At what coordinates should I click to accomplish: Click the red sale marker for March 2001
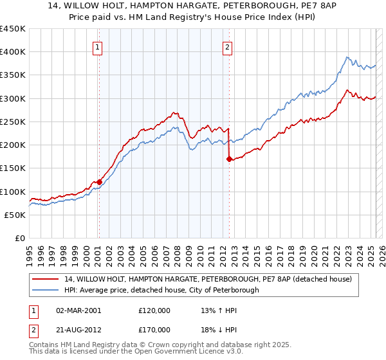point(99,182)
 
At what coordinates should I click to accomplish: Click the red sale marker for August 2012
point(229,159)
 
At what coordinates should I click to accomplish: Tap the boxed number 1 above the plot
point(97,46)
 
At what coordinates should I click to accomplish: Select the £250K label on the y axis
point(13,122)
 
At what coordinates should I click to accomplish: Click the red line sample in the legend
point(46,280)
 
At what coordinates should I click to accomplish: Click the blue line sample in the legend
point(46,290)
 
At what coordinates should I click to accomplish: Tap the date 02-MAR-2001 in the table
point(79,310)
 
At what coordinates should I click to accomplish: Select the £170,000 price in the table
point(154,330)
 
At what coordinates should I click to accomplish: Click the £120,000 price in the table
point(154,310)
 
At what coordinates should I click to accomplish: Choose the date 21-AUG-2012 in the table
point(79,330)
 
